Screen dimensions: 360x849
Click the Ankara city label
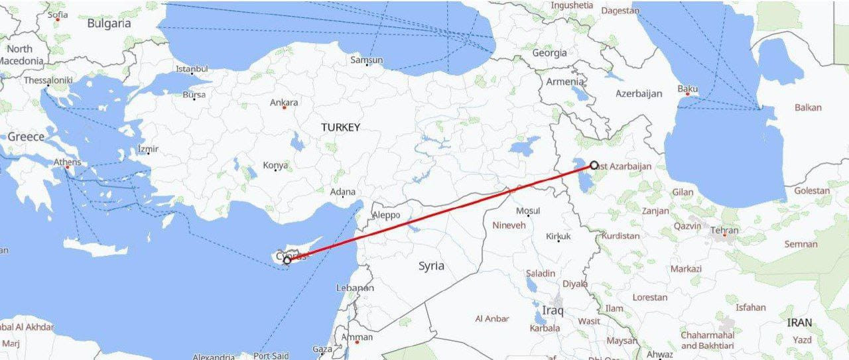coord(284,103)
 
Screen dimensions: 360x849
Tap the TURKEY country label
coord(340,127)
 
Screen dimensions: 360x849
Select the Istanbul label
coord(192,69)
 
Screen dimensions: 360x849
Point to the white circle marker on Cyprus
coord(287,261)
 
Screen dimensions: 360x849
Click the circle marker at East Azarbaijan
coord(594,164)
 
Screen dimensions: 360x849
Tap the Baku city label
coord(688,89)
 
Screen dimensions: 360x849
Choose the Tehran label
coord(724,231)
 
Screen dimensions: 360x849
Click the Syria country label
coord(431,266)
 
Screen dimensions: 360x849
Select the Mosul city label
coord(528,211)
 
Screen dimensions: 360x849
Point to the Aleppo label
coord(387,215)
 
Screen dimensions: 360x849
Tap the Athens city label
coord(68,162)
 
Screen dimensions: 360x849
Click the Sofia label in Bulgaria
coord(58,14)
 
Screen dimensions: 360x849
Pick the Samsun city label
coord(367,60)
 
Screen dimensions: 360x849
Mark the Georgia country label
coord(550,52)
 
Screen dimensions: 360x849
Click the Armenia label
coord(564,82)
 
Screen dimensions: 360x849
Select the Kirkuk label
coord(558,236)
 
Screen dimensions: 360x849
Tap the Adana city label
coord(343,192)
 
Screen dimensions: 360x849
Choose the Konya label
coord(275,165)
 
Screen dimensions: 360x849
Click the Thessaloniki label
coord(48,80)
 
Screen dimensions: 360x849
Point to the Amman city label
coord(357,337)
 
